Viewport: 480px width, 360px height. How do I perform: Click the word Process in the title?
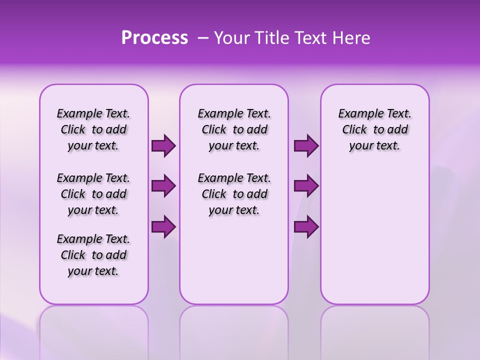tap(154, 38)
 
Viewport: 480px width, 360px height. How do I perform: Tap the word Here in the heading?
tap(349, 38)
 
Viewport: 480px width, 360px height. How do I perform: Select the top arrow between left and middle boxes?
tap(163, 146)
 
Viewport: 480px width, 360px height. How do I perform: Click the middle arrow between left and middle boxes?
tap(163, 186)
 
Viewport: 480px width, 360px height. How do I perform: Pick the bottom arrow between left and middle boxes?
tap(163, 226)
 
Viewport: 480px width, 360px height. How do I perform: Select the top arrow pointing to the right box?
tap(306, 146)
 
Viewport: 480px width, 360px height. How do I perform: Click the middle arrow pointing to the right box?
tap(306, 186)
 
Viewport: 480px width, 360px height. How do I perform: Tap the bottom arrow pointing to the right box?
tap(306, 226)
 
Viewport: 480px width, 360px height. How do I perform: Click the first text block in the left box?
tap(93, 129)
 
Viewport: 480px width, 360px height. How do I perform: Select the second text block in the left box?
tap(93, 194)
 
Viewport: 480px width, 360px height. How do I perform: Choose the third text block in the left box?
tap(93, 255)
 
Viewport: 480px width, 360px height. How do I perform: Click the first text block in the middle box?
tap(234, 129)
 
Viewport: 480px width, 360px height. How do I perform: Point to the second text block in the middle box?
tap(234, 194)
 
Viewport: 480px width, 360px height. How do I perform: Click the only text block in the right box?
tap(374, 129)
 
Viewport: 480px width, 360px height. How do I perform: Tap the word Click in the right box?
tap(354, 130)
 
